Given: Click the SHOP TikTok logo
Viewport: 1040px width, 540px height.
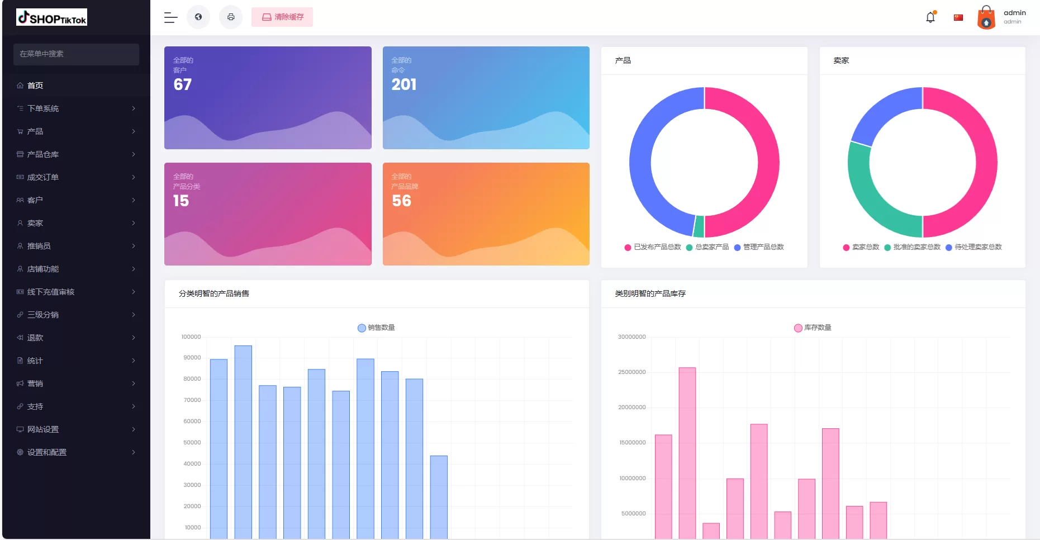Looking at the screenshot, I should (x=51, y=17).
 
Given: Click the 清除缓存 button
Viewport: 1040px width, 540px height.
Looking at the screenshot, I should (x=282, y=17).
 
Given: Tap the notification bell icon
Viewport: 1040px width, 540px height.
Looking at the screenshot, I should (x=930, y=17).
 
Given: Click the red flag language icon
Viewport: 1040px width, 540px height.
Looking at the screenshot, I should (x=958, y=17).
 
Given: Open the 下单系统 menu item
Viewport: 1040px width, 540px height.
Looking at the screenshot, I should (x=43, y=108).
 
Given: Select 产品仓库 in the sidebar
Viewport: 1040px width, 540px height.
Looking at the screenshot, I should (x=43, y=154).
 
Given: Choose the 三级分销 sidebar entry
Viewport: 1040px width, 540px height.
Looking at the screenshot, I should (x=43, y=315).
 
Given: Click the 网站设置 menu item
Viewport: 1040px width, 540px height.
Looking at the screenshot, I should (x=43, y=429).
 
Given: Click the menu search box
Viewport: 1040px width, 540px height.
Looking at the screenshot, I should (x=76, y=54).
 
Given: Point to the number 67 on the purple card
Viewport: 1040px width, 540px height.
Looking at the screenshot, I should (x=183, y=84).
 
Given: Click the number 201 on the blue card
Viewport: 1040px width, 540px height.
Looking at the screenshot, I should (x=404, y=84).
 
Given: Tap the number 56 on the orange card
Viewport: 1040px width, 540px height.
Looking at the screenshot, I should (x=401, y=201).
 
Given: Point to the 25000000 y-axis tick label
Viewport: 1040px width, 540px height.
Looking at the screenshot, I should (x=631, y=372).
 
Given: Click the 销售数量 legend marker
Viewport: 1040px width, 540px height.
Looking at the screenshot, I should (x=362, y=328).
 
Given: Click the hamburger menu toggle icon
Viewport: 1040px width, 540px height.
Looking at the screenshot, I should (x=170, y=17).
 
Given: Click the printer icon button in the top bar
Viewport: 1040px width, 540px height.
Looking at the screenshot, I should (x=231, y=17).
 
